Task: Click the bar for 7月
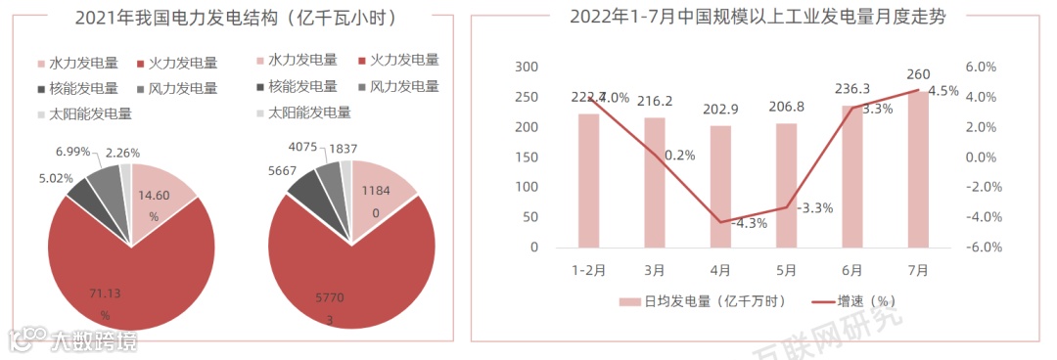pyautogui.click(x=919, y=169)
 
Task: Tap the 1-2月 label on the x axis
pyautogui.click(x=588, y=269)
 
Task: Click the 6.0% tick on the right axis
pyautogui.click(x=980, y=67)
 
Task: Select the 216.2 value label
pyautogui.click(x=654, y=101)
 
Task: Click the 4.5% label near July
pyautogui.click(x=942, y=91)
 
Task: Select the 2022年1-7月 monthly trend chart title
pyautogui.click(x=758, y=17)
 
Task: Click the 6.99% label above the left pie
pyautogui.click(x=73, y=152)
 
